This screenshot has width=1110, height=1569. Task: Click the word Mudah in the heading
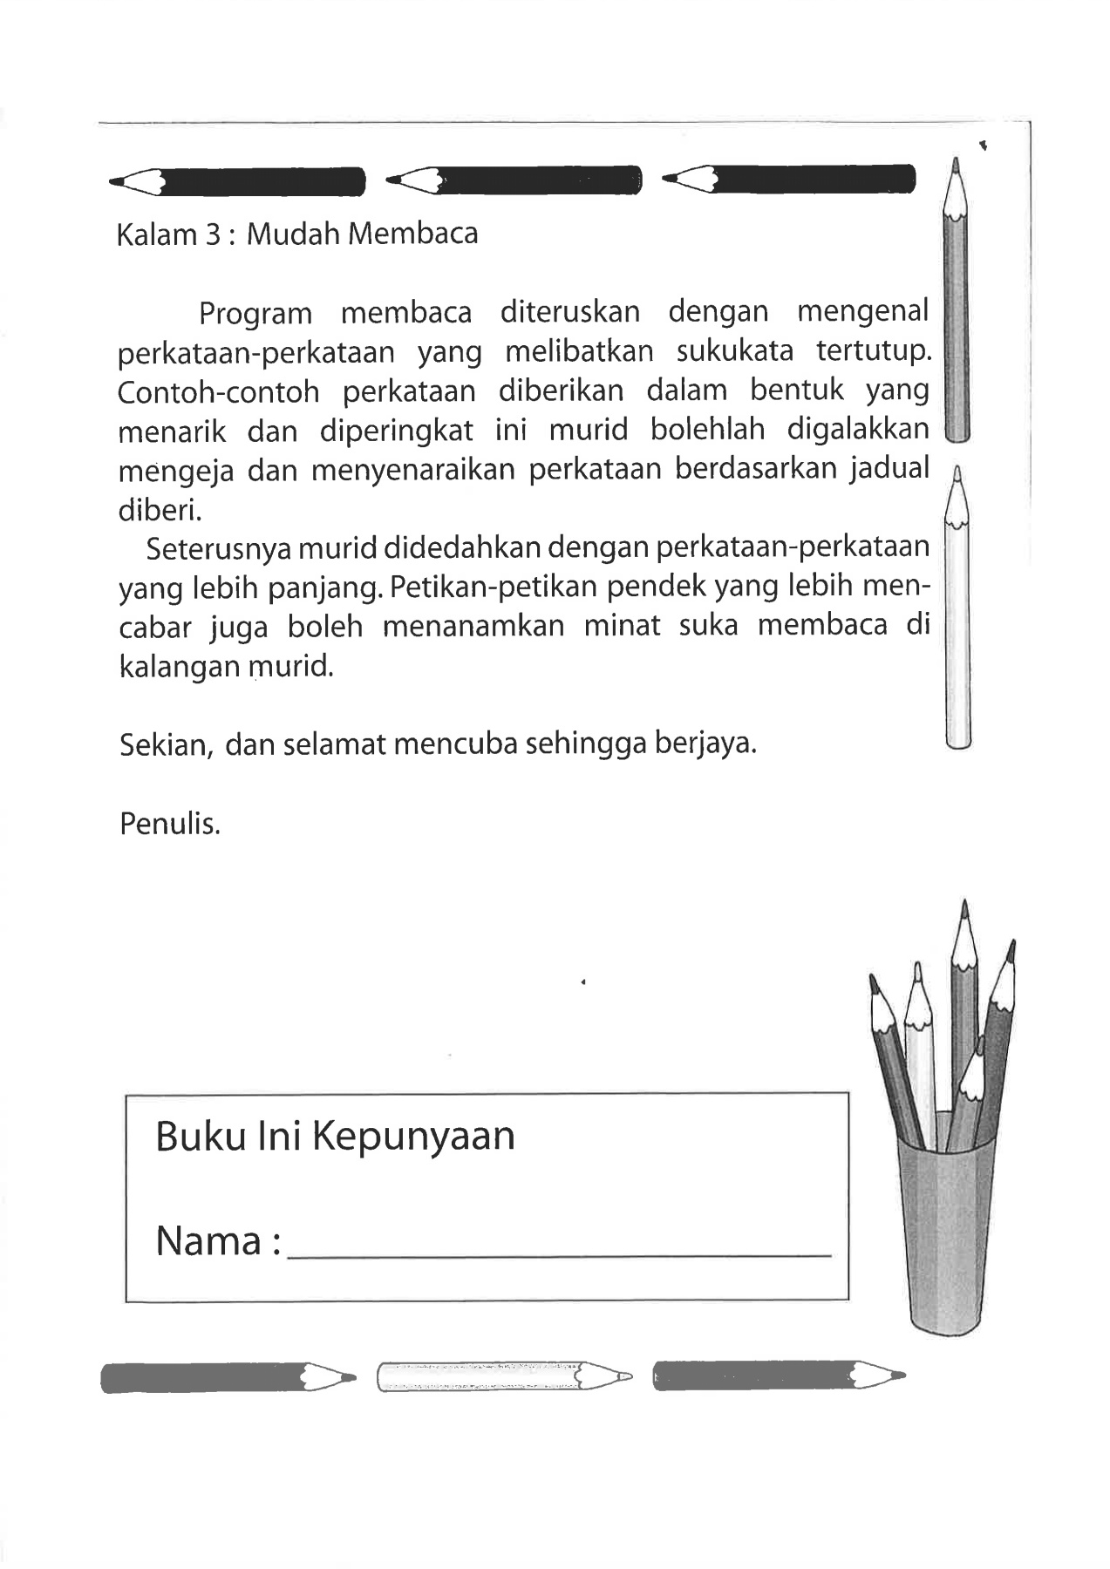pos(294,234)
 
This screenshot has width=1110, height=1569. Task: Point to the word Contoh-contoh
pos(218,392)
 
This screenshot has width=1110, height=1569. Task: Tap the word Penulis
pos(170,824)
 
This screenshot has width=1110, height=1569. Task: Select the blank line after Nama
pos(559,1253)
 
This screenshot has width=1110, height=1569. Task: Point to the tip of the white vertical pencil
pos(957,476)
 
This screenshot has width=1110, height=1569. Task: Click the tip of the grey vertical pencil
pos(956,164)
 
